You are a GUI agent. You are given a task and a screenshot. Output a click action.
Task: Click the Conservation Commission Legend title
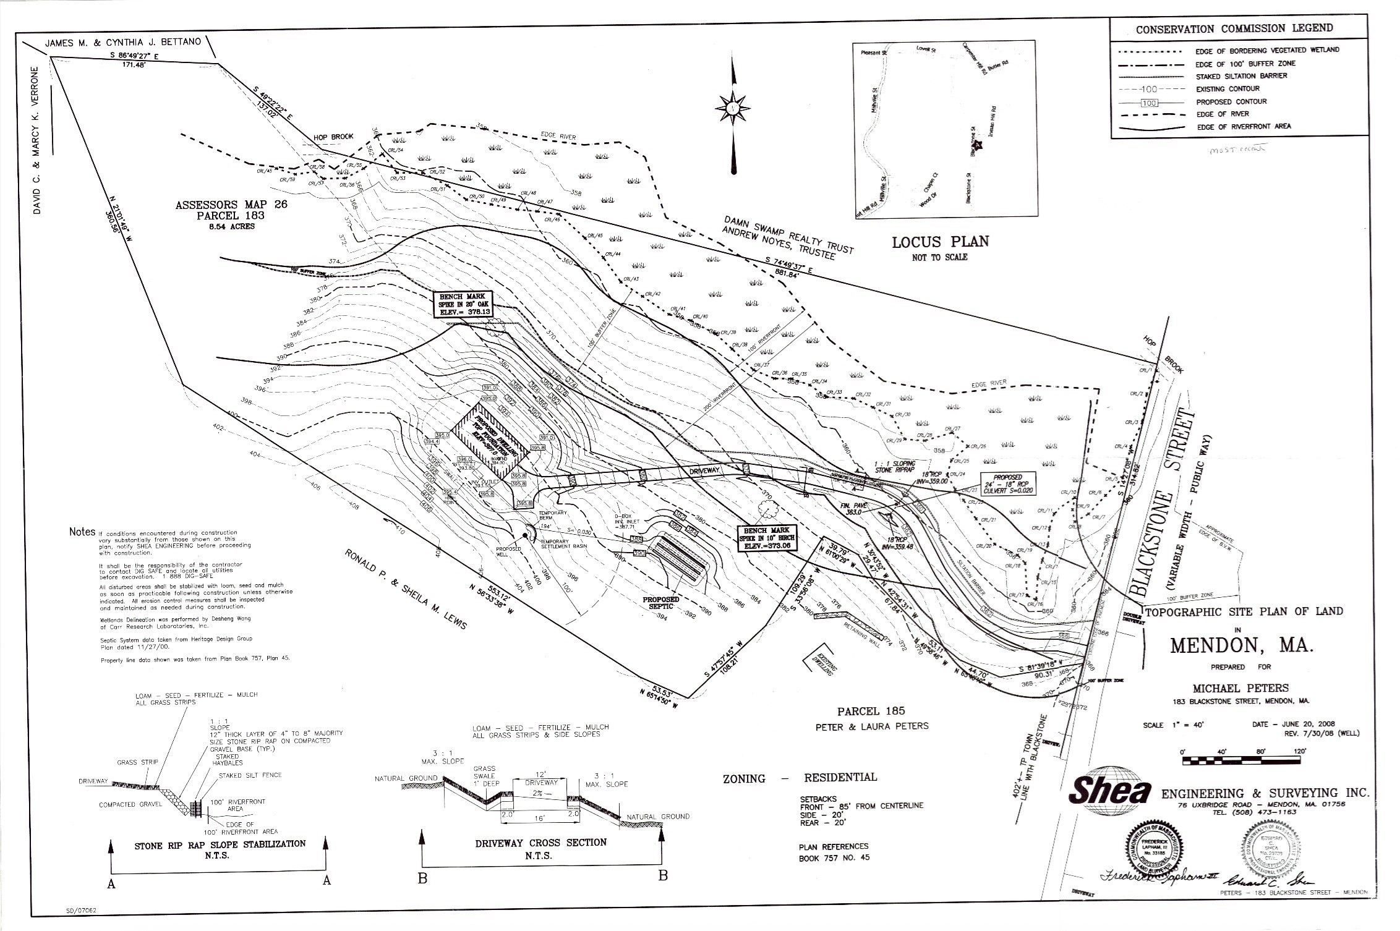coord(1234,28)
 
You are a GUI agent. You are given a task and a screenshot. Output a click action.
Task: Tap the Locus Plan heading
coord(940,242)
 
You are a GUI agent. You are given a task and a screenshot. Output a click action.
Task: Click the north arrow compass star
coord(733,108)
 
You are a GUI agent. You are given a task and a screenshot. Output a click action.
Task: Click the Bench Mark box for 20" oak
coord(464,304)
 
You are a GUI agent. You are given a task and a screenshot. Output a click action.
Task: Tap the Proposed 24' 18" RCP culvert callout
coord(1008,484)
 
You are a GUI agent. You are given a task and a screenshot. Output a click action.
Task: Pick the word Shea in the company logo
coord(1111,793)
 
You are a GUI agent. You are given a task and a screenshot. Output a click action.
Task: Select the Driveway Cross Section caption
coord(540,843)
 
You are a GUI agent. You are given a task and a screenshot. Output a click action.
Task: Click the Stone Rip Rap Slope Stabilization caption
coord(220,844)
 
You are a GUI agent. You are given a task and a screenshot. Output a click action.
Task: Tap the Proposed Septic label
coord(660,603)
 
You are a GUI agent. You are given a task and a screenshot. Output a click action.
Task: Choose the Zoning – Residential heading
coord(800,778)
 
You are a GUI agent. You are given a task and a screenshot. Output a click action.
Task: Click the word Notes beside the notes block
coord(82,532)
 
